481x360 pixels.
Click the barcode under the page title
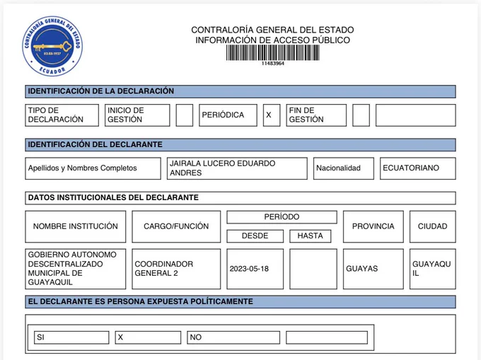[x=272, y=53]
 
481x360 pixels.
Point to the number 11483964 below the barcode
[x=272, y=64]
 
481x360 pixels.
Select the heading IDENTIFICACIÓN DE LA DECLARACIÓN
[x=100, y=91]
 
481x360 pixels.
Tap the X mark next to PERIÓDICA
[x=268, y=115]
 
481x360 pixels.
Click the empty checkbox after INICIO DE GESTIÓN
[x=184, y=115]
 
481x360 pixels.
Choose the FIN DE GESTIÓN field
[x=316, y=115]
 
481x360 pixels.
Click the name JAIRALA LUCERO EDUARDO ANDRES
[x=238, y=168]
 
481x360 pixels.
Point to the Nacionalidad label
[x=338, y=168]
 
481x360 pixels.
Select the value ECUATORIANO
[x=411, y=168]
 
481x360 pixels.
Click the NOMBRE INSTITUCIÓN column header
[x=75, y=226]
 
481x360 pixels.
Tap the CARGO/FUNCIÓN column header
[x=176, y=226]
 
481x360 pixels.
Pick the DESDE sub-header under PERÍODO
[x=255, y=236]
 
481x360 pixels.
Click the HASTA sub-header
[x=310, y=236]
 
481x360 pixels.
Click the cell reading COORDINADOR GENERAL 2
[x=176, y=269]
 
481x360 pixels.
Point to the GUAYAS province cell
[x=362, y=269]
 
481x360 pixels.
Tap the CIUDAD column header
[x=432, y=226]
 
